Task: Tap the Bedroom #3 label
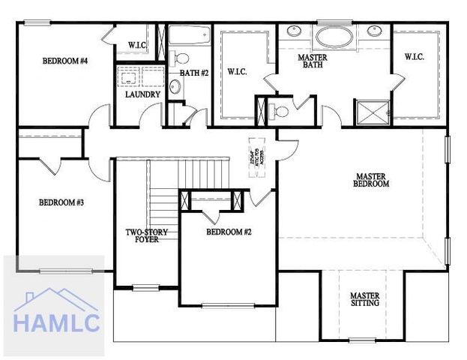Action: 61,202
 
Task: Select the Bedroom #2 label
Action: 229,232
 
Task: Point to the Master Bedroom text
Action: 372,180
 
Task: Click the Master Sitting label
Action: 364,299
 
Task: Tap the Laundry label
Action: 142,95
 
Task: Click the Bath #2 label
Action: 193,73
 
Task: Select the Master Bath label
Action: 311,61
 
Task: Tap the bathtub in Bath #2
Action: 190,34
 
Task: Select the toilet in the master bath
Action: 280,111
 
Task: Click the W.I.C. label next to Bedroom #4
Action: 137,45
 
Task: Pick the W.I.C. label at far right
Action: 415,56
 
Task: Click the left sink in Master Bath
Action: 292,32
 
